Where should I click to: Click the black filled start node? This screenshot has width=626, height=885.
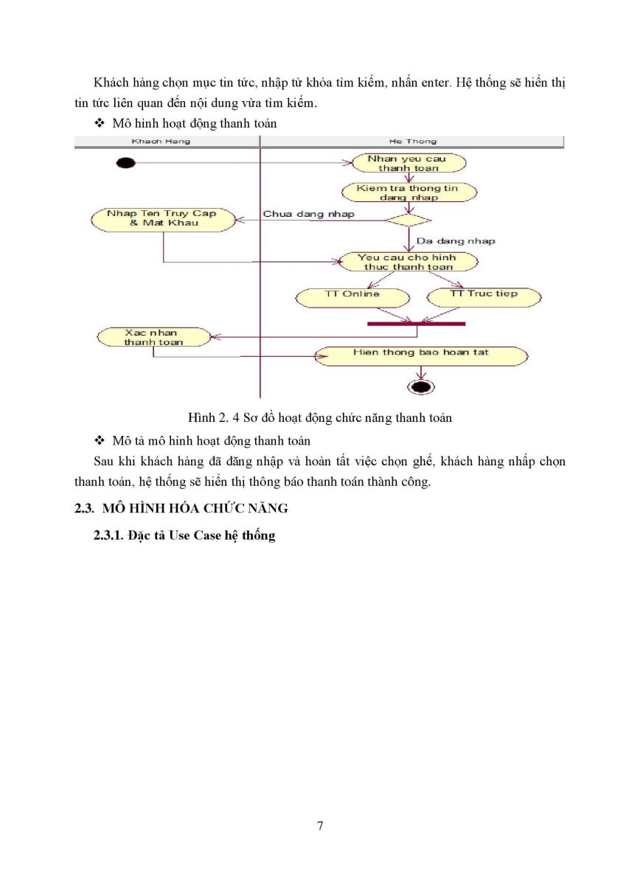tap(125, 163)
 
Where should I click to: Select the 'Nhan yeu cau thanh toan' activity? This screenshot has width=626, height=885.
tap(408, 163)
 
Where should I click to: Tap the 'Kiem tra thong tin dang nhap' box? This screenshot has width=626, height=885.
tap(409, 192)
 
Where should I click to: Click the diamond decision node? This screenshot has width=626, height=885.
tap(408, 220)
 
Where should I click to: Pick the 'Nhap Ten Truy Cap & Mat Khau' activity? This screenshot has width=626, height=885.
tap(163, 220)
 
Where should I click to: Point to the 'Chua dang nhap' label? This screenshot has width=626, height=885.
tap(308, 214)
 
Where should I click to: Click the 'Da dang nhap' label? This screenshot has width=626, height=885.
tap(456, 241)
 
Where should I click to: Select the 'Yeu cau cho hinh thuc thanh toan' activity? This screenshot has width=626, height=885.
tap(408, 262)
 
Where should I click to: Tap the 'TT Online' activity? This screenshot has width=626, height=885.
tap(352, 297)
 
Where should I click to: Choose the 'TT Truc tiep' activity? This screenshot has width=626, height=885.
tap(484, 297)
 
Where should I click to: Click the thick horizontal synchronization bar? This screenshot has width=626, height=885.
tap(417, 324)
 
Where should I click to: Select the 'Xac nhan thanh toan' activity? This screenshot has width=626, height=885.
tap(153, 337)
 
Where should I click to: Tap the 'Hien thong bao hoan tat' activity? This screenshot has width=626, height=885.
tap(421, 356)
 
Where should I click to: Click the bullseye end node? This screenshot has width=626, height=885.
tap(420, 386)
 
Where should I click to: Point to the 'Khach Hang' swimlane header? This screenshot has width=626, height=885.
tap(161, 142)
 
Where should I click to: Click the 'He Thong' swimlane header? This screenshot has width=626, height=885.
tap(412, 142)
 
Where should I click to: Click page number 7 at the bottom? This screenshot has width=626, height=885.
tap(320, 825)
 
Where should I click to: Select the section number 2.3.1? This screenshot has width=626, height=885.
tap(108, 535)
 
